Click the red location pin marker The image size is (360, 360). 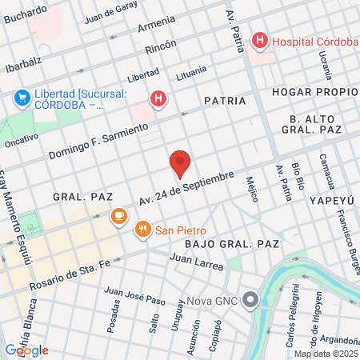180,163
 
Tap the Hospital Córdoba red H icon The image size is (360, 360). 260,40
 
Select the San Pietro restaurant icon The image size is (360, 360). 143,230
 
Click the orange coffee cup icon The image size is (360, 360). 118,215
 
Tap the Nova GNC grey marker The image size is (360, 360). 251,301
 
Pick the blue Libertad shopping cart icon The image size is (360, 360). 22,98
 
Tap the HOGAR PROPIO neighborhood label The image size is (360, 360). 313,92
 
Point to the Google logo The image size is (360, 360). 26,350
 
